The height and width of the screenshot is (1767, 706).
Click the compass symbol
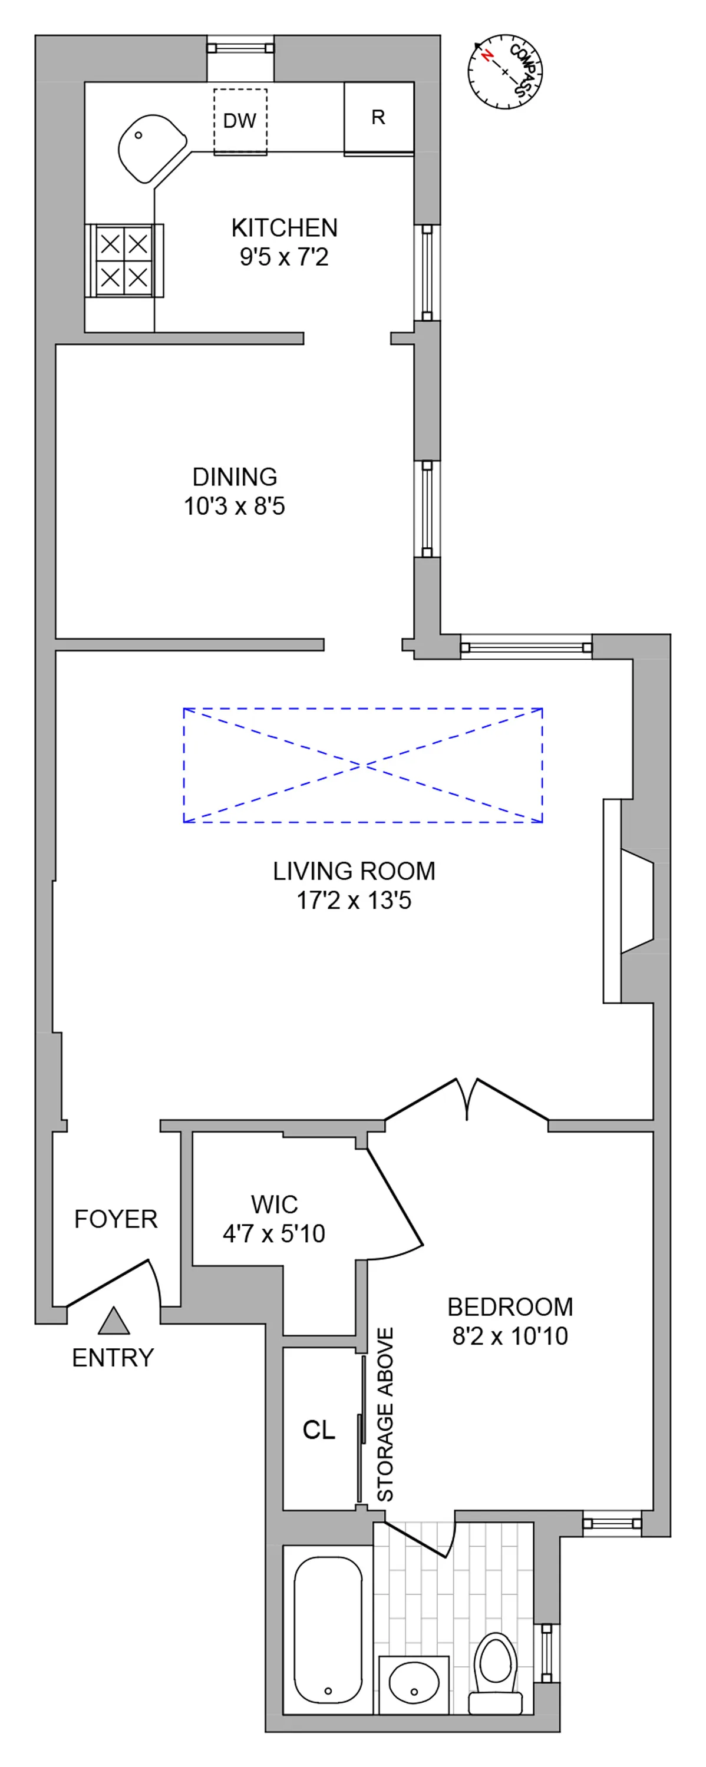point(505,71)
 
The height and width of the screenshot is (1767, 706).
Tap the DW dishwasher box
point(239,121)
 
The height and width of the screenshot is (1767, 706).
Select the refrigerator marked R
point(378,118)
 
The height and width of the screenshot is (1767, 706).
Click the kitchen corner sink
point(150,147)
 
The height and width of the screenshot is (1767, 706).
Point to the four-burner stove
point(124,261)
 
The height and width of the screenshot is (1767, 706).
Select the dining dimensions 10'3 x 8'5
point(234,506)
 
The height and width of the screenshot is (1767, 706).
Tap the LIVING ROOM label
point(354,871)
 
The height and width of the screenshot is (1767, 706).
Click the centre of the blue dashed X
point(362,765)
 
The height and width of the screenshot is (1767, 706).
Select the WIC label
point(275,1205)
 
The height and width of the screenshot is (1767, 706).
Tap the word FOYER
point(116,1219)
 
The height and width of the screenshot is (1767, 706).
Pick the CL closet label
point(319,1430)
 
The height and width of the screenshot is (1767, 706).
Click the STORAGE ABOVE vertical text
point(385,1414)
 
